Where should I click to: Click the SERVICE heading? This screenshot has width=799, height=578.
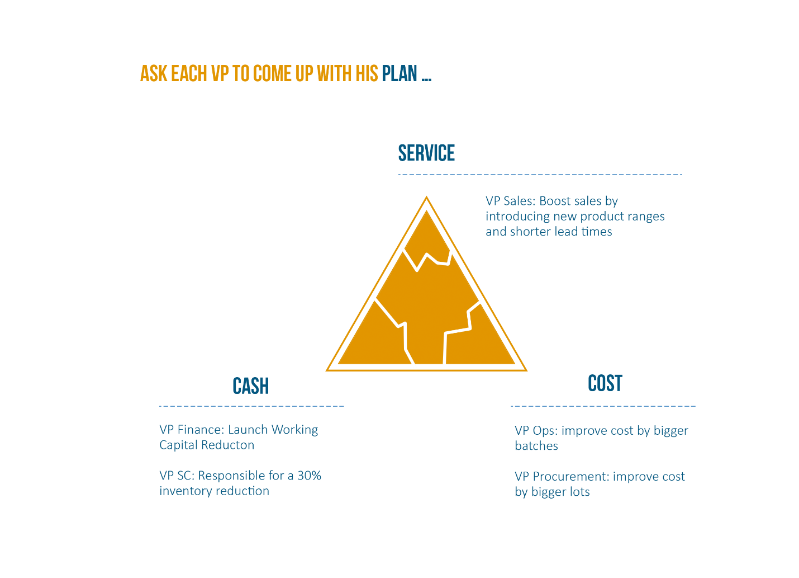pos(426,153)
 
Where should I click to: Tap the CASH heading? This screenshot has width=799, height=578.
pos(250,386)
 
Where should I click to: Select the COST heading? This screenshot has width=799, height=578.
pos(605,383)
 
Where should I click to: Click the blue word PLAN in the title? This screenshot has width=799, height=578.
pos(399,73)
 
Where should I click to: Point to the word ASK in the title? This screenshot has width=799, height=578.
pos(154,73)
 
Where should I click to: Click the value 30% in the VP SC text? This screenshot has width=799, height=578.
pos(309,476)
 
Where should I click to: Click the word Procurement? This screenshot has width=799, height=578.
pos(570,477)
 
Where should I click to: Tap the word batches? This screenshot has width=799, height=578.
pos(536,446)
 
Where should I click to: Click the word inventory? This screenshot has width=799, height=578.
pos(186,491)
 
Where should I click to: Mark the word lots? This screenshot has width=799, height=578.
pos(579,492)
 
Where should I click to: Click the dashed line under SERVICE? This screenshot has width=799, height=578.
pos(540,175)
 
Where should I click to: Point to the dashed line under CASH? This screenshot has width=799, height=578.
pos(251,406)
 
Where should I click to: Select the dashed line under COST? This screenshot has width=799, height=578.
pos(603,406)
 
